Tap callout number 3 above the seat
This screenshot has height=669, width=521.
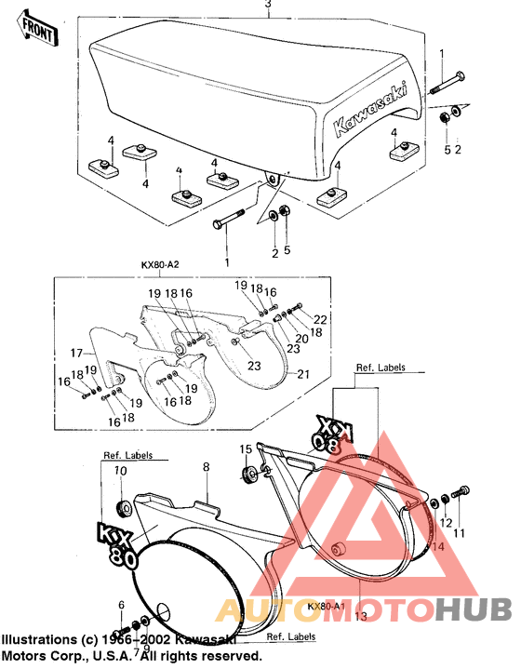pos(268,6)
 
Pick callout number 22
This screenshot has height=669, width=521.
pos(321,319)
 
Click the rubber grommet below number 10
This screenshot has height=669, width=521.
pos(121,508)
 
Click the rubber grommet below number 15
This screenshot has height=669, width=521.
pos(248,475)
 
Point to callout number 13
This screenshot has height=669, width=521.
pos(359,616)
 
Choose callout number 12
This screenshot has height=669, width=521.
pos(446,524)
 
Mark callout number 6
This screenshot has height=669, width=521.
pos(120,606)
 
